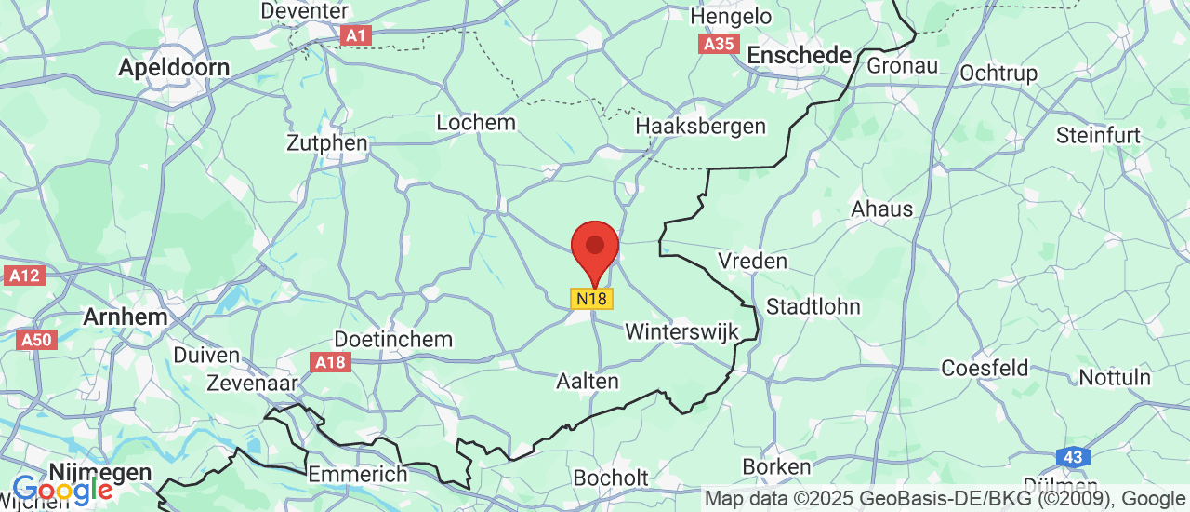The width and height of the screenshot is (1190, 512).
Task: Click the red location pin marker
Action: coord(594,249)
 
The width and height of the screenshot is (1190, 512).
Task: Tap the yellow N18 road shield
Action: coord(591,299)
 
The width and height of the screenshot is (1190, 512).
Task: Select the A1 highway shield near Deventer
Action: coord(355,35)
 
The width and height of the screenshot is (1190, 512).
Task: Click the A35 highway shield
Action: coord(719,43)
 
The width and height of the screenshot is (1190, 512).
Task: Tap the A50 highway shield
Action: coord(37,339)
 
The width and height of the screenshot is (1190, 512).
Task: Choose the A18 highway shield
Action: coord(332,362)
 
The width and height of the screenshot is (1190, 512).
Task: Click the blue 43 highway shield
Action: coord(1073,457)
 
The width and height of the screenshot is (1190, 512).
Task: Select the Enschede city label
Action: coord(800,55)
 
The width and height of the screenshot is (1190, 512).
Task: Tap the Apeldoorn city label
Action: coord(174,68)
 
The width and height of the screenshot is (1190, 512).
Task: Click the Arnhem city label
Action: coord(126,316)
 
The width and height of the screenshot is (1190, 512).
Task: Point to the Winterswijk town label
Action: coord(681,331)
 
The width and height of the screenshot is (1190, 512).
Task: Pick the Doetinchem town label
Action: coord(392,339)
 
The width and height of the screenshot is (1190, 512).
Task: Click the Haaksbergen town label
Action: coord(700,127)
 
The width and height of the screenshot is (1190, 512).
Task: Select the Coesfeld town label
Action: coord(985,368)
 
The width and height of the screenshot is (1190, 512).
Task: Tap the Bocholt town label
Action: coord(611,478)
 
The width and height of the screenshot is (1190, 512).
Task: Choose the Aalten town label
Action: coord(587,381)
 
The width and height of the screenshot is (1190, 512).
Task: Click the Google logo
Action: coord(62,489)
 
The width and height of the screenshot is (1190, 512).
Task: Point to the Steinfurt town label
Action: coord(1098,135)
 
